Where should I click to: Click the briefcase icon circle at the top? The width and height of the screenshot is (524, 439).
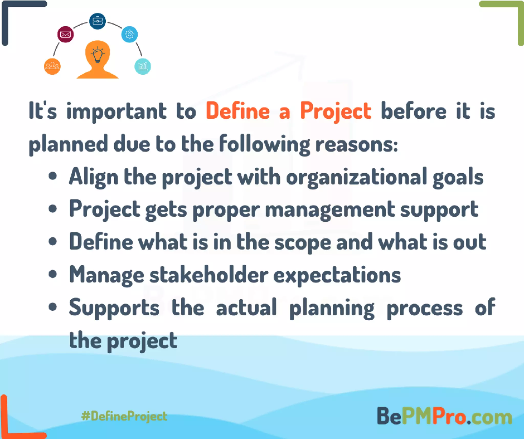coord(97,21)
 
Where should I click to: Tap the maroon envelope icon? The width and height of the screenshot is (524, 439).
coord(65,34)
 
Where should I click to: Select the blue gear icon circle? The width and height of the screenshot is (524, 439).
coord(129,34)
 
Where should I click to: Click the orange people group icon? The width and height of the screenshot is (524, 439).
coord(52,66)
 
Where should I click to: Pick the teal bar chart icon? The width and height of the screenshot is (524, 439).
coord(143,66)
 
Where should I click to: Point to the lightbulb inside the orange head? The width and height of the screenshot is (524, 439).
coord(97,55)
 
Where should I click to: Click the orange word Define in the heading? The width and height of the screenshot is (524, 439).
coord(238,111)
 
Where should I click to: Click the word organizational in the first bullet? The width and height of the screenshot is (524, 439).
coord(356,177)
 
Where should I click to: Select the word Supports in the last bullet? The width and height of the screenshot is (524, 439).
coord(114,308)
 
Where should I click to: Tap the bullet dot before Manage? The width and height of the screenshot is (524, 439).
coord(52,274)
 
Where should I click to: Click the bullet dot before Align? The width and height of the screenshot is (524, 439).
coord(52,176)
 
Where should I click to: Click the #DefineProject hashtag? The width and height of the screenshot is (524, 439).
coord(124,416)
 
